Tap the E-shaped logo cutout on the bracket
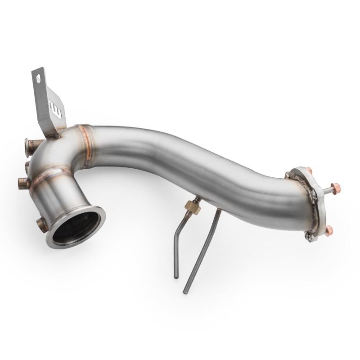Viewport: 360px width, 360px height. (x=57, y=109)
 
